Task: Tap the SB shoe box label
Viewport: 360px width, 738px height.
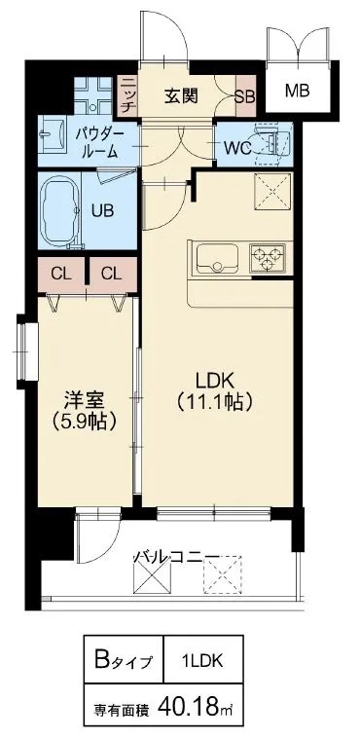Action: pyautogui.click(x=245, y=96)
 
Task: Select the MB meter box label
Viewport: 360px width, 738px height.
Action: pyautogui.click(x=298, y=90)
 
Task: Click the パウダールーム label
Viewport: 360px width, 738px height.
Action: pyautogui.click(x=100, y=143)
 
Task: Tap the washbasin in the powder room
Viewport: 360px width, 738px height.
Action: pyautogui.click(x=53, y=135)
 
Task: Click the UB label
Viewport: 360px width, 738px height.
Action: pyautogui.click(x=102, y=210)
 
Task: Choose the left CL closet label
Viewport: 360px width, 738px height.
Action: pyautogui.click(x=61, y=274)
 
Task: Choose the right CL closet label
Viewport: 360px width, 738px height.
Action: pyautogui.click(x=111, y=274)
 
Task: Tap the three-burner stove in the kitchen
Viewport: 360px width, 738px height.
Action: pyautogui.click(x=269, y=258)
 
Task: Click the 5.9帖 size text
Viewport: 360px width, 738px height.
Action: pyautogui.click(x=86, y=421)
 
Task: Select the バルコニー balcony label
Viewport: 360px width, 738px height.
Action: pyautogui.click(x=177, y=558)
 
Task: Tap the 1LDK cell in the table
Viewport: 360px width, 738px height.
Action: pyautogui.click(x=203, y=661)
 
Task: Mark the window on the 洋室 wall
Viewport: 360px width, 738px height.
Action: pyautogui.click(x=27, y=351)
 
